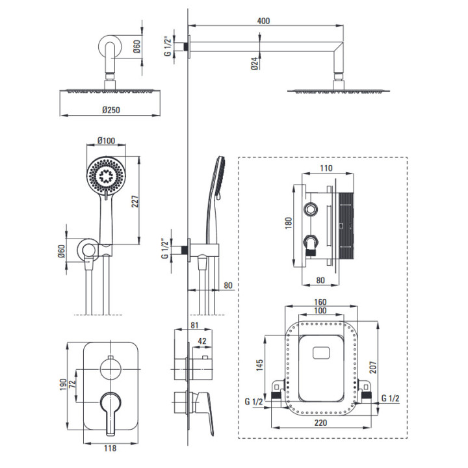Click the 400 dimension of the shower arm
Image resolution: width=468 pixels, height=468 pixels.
(x=263, y=21)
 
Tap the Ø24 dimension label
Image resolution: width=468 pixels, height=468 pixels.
(x=253, y=64)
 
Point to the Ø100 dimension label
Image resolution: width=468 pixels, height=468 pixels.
(x=106, y=140)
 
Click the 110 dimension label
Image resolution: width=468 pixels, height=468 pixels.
(x=326, y=168)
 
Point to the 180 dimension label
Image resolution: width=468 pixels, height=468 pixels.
(x=289, y=224)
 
